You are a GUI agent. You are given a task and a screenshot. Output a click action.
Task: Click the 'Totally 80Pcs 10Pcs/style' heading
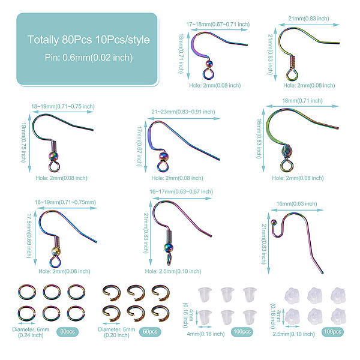pos(89,40)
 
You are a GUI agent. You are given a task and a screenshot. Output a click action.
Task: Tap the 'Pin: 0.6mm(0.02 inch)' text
pos(89,58)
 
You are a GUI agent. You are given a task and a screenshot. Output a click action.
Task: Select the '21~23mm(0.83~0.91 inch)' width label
pos(183,112)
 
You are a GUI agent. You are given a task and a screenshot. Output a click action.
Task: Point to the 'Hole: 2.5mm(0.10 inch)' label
pos(173,271)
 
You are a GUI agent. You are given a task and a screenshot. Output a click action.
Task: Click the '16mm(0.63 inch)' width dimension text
pos(296,203)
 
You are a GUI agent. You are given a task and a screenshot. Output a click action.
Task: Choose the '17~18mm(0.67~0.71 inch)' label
pos(218,25)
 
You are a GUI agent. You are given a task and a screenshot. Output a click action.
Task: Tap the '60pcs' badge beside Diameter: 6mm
pos(67,332)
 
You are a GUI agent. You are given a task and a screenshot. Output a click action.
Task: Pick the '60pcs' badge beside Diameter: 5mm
pos(150,332)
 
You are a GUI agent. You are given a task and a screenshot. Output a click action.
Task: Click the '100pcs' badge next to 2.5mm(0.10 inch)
pos(332,332)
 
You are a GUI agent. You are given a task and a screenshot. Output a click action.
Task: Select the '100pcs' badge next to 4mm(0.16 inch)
pos(242,332)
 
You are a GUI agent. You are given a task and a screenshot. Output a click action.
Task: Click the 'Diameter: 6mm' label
pos(31,329)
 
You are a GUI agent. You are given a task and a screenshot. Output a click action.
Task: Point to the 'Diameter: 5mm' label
pos(116,329)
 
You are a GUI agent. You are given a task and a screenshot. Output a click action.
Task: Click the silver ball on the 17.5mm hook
pos(56,251)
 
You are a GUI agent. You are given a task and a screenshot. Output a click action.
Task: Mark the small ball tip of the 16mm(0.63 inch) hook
pos(274,222)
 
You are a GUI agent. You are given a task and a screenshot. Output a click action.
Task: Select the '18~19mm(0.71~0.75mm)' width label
pos(65,202)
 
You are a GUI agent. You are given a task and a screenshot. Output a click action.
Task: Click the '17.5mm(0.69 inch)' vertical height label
pos(29,236)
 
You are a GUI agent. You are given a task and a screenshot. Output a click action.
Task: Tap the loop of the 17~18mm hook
pos(208,74)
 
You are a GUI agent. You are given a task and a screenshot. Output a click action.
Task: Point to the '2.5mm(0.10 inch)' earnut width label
pos(293,334)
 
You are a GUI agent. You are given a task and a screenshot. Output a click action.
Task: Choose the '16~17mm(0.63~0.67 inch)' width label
pos(181,191)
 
